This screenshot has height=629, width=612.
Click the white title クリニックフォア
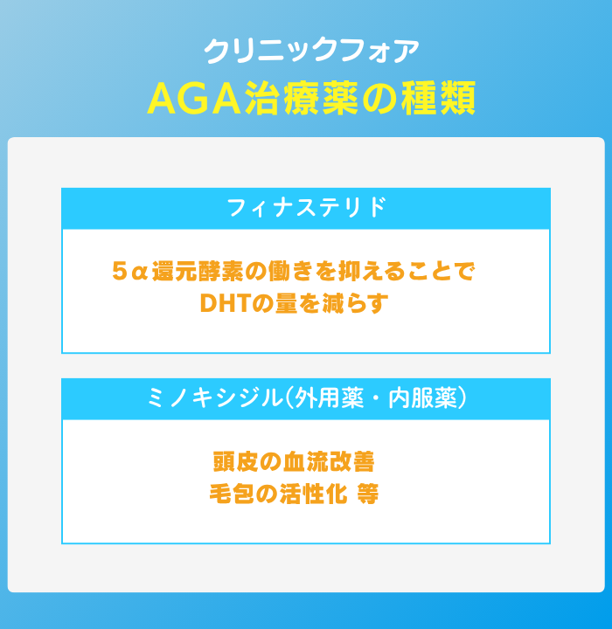[x=311, y=51]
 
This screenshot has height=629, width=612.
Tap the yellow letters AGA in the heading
[x=194, y=99]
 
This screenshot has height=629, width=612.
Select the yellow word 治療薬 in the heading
[x=301, y=99]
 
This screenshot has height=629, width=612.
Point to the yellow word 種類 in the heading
[x=439, y=99]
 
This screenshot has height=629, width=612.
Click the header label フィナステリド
[x=307, y=207]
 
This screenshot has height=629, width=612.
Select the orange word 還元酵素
[x=198, y=271]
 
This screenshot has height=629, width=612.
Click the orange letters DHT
[x=224, y=303]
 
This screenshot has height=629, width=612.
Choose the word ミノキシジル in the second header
[x=215, y=398]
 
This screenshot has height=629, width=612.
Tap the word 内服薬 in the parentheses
[x=422, y=398]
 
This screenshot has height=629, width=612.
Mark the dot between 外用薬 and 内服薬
[x=376, y=399]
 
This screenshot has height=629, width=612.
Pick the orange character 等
[x=367, y=494]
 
